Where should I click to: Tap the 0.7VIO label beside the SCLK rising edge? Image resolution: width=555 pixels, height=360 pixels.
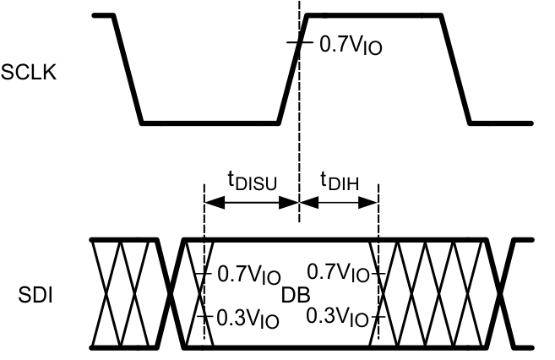[x=351, y=44]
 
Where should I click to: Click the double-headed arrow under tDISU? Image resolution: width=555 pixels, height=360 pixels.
[x=252, y=202]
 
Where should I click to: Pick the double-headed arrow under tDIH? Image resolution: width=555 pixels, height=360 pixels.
[x=339, y=202]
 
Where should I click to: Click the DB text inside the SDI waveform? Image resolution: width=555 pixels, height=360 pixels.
[x=297, y=295]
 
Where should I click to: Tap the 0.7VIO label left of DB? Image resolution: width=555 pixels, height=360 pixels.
[x=248, y=275]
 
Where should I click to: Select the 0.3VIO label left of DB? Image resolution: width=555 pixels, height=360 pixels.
[x=248, y=319]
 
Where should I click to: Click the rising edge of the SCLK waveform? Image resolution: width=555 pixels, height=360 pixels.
[x=292, y=69]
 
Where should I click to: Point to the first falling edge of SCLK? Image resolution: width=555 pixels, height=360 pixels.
[x=128, y=69]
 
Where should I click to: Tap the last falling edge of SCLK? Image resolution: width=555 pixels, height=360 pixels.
[x=456, y=69]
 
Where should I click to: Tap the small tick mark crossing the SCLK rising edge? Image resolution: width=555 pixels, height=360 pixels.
[x=299, y=43]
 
